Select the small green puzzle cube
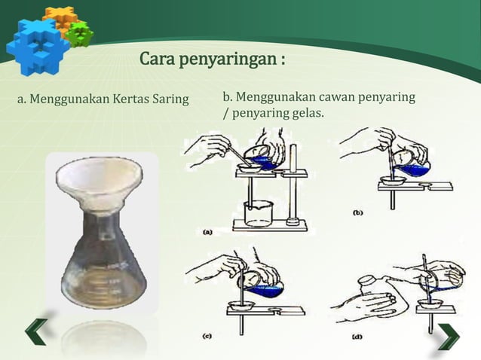[78, 33]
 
